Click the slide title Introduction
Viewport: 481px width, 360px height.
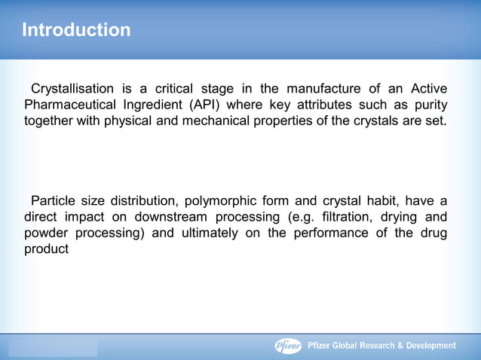(76, 31)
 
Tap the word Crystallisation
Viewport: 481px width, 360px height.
(72, 89)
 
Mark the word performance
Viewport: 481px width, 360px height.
(333, 233)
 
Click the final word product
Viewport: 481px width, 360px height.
(47, 249)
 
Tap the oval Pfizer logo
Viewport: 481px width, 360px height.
(287, 346)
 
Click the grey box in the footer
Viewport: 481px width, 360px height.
(53, 347)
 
